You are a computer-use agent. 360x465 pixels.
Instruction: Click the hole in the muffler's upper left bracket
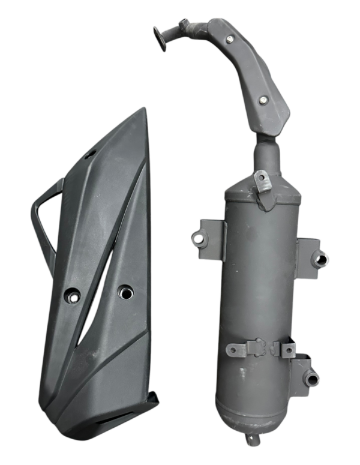(199, 238)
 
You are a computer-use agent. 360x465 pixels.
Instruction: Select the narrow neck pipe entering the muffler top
(267, 159)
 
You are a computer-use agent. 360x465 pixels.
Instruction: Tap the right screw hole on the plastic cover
(125, 292)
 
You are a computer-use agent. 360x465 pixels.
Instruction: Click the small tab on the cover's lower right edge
(154, 398)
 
